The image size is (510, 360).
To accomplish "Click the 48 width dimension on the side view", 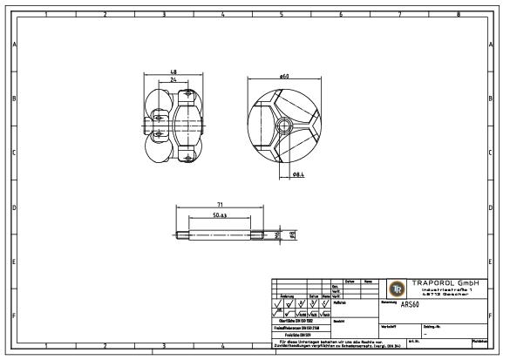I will (x=173, y=71).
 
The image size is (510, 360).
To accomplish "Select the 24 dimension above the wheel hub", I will (x=173, y=79).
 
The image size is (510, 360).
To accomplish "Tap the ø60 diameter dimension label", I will (x=284, y=78).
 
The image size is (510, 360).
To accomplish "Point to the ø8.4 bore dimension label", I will (x=297, y=175).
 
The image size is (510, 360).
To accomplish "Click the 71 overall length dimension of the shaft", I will (x=220, y=205).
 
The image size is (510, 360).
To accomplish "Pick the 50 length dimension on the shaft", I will (x=219, y=214).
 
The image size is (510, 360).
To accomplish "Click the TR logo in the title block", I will (x=396, y=289).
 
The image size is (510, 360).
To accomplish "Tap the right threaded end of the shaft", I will (x=259, y=234).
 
